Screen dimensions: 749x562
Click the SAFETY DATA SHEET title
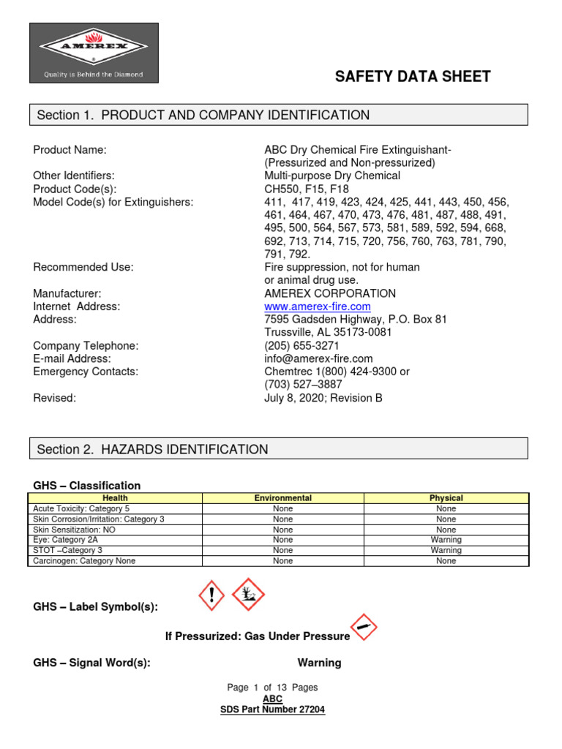413,77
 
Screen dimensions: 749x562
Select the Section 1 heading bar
278,115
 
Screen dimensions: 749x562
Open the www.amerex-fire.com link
317,306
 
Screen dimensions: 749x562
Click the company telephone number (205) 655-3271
301,346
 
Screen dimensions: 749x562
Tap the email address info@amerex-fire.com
318,359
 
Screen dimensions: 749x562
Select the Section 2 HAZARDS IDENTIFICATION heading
278,449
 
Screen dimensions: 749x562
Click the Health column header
116,498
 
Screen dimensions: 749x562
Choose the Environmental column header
282,498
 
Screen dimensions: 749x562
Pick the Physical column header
446,498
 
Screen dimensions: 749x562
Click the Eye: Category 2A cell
65,540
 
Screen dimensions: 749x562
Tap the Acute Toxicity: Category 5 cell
81,508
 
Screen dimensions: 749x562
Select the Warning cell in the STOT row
446,550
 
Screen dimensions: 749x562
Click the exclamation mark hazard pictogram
212,594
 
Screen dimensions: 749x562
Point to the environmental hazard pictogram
248,594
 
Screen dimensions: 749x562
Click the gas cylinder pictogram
364,627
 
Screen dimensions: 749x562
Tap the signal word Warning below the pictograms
319,663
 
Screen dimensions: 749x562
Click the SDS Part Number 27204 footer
272,710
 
